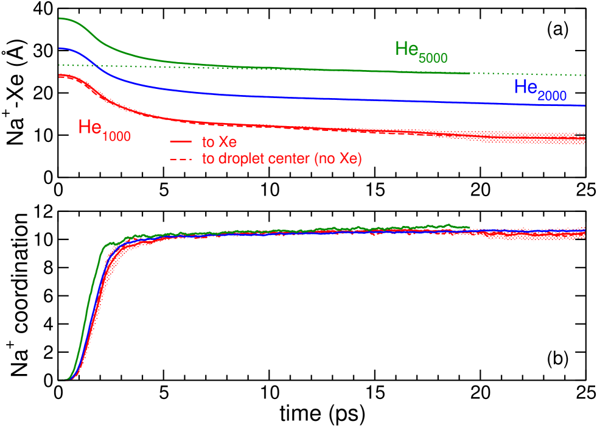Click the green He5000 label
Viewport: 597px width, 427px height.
coord(421,51)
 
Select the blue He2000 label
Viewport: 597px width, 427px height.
coord(540,89)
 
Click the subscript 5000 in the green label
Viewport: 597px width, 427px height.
coord(433,58)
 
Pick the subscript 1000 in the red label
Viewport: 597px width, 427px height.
coord(116,136)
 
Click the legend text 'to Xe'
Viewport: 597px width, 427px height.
coord(214,143)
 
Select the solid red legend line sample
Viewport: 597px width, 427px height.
coord(181,142)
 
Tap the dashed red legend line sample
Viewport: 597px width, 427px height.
coord(181,159)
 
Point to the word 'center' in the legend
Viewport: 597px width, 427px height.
coord(275,159)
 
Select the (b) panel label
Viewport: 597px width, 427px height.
coord(557,359)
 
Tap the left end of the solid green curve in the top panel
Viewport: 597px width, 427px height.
coord(60,18)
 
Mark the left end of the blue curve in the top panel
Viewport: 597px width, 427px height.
coord(60,48)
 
